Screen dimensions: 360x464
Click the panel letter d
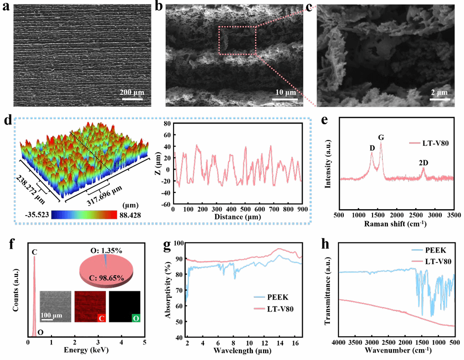coord(6,121)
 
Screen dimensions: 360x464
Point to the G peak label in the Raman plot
coord(381,137)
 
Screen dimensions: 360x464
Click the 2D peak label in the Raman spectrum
coord(423,162)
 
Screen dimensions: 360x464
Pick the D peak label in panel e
coord(371,147)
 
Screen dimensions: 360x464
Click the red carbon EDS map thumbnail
coord(91,307)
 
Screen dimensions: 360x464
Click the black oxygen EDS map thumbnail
coord(125,307)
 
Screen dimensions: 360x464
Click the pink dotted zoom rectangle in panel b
coord(237,41)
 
